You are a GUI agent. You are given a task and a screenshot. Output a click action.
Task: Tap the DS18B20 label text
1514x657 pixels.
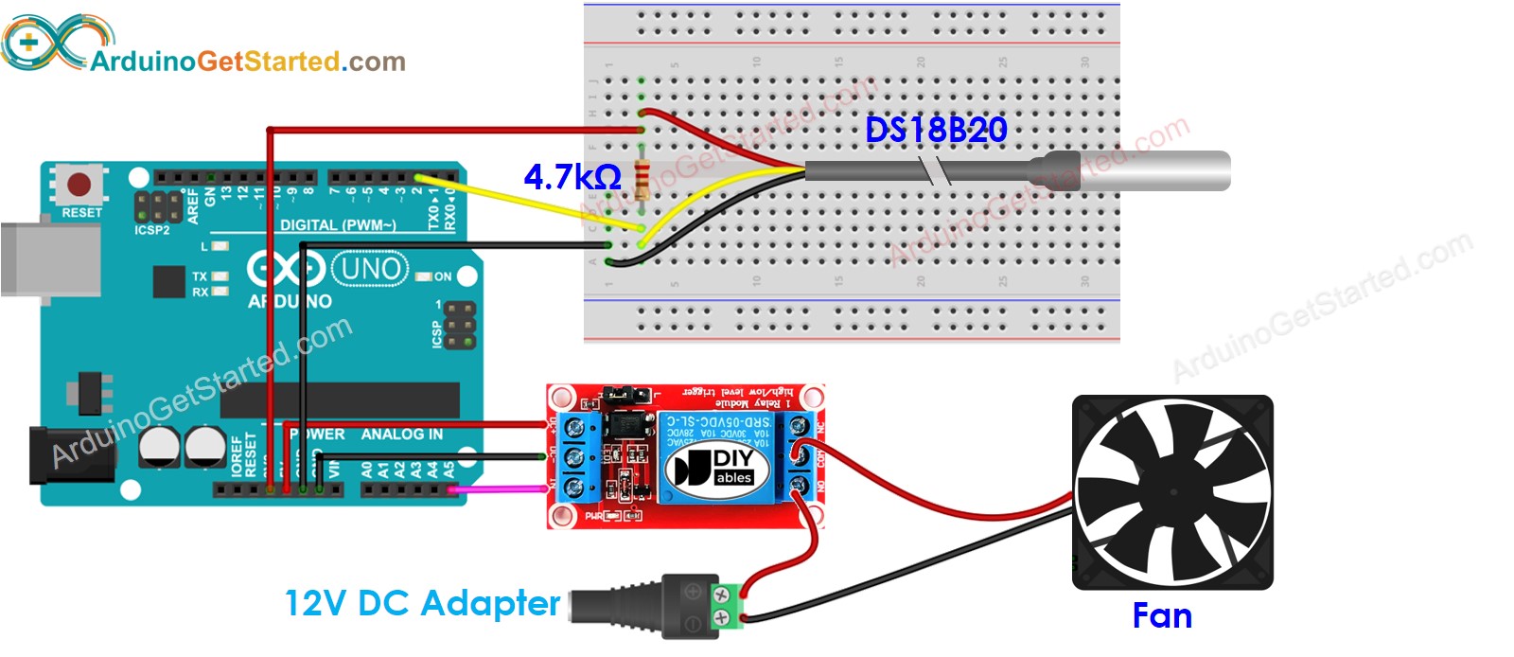(x=936, y=131)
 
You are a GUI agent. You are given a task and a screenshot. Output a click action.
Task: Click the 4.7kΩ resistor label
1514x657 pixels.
(x=572, y=177)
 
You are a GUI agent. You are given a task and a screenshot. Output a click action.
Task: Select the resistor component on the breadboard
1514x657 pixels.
(x=644, y=179)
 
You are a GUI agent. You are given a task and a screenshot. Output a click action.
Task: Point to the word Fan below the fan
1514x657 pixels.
(x=1162, y=616)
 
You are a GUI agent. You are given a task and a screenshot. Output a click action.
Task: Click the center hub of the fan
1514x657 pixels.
(x=1173, y=493)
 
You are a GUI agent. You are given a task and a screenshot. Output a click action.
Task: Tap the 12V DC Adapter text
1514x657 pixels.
(x=422, y=603)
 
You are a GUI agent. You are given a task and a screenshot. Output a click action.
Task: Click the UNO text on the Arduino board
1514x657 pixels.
(x=371, y=270)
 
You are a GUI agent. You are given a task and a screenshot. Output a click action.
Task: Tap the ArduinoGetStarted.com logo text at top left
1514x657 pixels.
(x=248, y=62)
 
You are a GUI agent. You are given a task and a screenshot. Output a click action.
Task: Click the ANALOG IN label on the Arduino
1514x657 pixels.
(x=401, y=435)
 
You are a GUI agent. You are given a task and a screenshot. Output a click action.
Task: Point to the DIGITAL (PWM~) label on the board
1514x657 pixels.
(x=338, y=225)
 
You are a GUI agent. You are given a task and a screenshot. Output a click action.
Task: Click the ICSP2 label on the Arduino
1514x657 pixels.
(x=151, y=230)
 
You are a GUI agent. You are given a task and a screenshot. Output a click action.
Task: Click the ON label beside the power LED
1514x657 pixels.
(x=443, y=276)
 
